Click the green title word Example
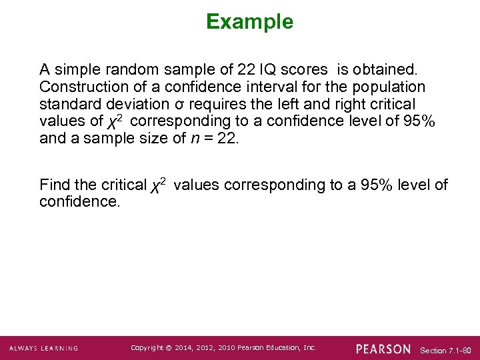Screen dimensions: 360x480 pos(249,22)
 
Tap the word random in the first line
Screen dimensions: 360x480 pos(131,70)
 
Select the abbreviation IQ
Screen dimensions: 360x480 pos(263,70)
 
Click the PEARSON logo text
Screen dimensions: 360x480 pos(383,349)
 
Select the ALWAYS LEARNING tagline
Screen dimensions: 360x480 pos(43,349)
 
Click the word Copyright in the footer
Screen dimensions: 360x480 pos(146,348)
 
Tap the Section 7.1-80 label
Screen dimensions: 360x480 pos(446,350)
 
